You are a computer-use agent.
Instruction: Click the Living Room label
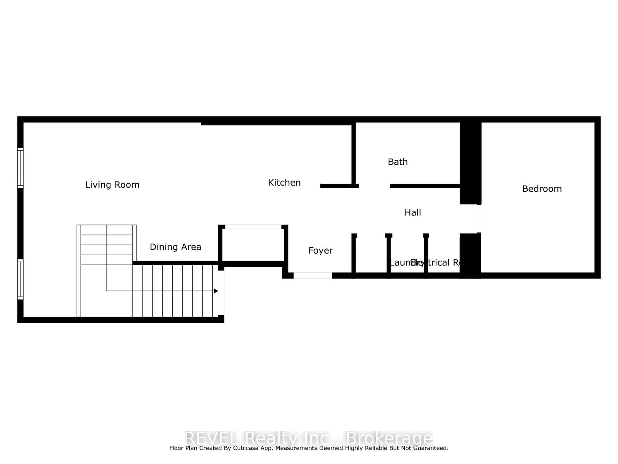112,185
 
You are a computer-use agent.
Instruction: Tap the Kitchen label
284,183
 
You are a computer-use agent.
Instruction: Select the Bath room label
397,162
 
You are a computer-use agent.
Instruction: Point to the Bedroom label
542,189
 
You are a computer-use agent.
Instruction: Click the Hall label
413,212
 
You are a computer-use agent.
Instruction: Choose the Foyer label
320,251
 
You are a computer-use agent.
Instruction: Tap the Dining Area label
175,247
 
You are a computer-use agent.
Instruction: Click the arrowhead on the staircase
216,291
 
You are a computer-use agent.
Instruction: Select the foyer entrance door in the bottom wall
312,275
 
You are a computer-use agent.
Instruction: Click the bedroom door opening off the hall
479,218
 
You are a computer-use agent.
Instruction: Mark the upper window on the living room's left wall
20,168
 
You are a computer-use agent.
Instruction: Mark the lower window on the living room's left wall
20,280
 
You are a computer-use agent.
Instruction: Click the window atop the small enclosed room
253,227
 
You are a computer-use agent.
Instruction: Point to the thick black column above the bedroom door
470,162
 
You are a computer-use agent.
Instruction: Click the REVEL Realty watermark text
309,438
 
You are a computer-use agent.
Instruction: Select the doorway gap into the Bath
374,186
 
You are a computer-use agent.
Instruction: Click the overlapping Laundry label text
402,263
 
